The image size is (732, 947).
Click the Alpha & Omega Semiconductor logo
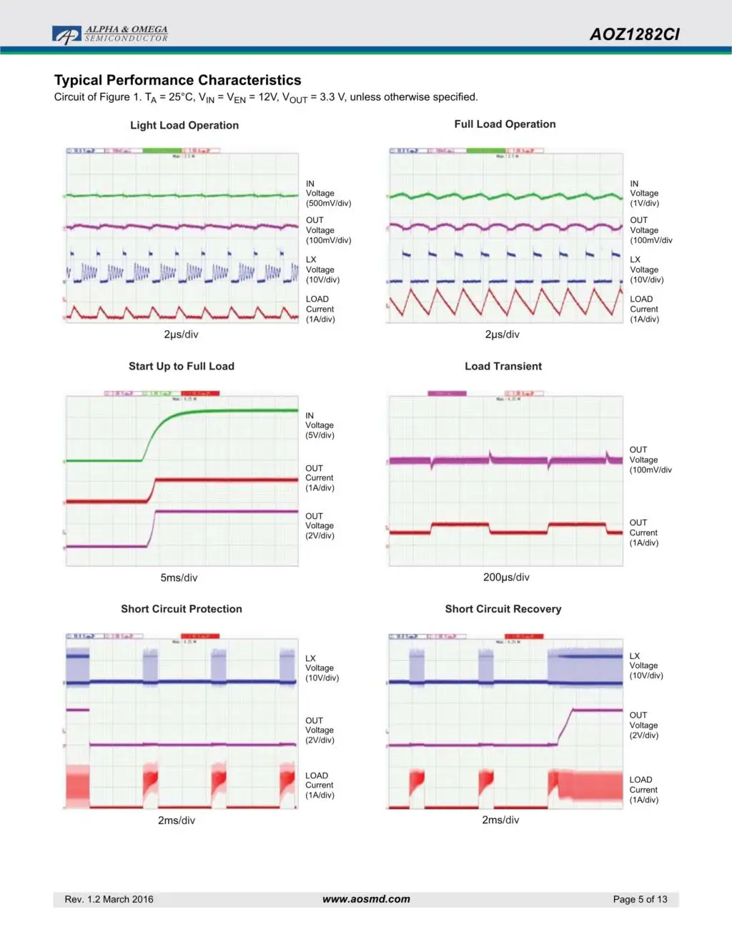(110, 34)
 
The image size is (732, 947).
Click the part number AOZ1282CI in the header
(634, 34)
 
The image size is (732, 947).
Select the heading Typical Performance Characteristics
(177, 80)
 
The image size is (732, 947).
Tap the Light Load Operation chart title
(184, 125)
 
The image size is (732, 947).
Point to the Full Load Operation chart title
(505, 124)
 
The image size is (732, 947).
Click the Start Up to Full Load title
(182, 366)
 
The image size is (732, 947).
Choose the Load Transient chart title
(503, 366)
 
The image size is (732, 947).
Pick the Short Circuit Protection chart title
(182, 609)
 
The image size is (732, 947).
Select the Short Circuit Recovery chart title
(503, 609)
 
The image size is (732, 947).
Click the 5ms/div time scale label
(179, 577)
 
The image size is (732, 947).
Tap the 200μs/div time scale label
(506, 577)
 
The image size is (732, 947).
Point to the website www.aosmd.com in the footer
(366, 899)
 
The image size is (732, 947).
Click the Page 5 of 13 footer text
(640, 899)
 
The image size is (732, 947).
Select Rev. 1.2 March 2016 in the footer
(109, 899)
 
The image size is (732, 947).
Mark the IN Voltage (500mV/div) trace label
(328, 194)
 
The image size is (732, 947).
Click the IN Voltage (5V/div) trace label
(320, 425)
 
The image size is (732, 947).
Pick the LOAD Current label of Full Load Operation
(644, 309)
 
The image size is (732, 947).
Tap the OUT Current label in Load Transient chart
(643, 532)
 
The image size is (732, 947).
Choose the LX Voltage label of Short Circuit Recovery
(646, 665)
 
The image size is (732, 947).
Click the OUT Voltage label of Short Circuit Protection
(320, 730)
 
